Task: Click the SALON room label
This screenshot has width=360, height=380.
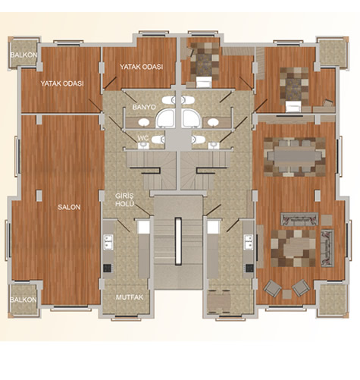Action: click(x=69, y=207)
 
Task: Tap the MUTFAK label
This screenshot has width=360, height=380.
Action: click(x=130, y=297)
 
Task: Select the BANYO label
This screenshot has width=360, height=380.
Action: click(x=144, y=107)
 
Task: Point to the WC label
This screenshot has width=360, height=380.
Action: click(x=143, y=138)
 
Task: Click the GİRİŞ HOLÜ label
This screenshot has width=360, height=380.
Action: click(x=124, y=199)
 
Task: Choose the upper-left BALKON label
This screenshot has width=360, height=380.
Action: click(x=23, y=55)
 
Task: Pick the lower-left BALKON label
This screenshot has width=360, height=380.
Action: click(x=23, y=300)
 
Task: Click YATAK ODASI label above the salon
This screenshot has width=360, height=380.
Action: click(x=62, y=83)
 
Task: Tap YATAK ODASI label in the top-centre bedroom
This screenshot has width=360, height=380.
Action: click(x=141, y=67)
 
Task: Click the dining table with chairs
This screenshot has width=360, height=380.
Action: click(x=295, y=157)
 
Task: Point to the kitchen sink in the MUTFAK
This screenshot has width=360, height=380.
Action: click(x=108, y=242)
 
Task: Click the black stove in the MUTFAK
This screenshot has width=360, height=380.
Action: click(x=108, y=268)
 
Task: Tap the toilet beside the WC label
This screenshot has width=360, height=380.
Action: click(x=158, y=140)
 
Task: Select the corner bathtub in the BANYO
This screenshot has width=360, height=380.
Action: click(x=165, y=118)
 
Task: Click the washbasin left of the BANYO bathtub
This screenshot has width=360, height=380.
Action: click(x=143, y=122)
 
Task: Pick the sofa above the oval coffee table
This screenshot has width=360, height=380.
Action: click(x=299, y=219)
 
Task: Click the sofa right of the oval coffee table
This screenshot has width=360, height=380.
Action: click(x=327, y=248)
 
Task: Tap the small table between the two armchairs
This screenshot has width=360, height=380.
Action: click(x=287, y=294)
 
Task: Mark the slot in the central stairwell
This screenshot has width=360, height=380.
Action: click(x=178, y=241)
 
